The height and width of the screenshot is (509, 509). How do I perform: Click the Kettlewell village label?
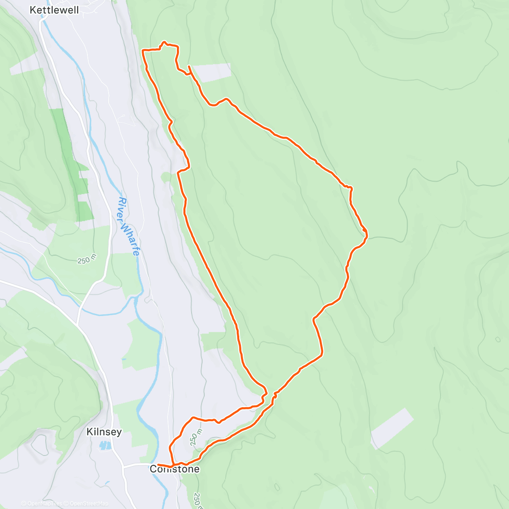point(54,10)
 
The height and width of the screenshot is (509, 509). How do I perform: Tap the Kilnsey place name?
point(104,432)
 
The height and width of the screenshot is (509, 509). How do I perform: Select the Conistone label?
point(174,469)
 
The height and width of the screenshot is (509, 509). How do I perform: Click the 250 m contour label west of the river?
point(87,260)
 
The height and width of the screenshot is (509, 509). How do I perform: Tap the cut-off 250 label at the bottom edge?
point(198,501)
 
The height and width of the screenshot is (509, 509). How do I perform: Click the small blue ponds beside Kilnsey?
point(104,445)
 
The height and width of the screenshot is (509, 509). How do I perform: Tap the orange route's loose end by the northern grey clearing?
point(189,67)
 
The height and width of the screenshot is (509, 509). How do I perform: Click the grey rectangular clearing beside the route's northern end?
point(212,73)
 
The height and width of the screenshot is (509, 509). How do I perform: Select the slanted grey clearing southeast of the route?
point(392,428)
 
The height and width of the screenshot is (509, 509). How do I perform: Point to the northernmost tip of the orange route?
point(164,42)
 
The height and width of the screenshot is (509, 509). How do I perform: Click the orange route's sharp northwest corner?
point(143,50)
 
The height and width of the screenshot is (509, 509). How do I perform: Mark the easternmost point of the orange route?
point(367,233)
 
